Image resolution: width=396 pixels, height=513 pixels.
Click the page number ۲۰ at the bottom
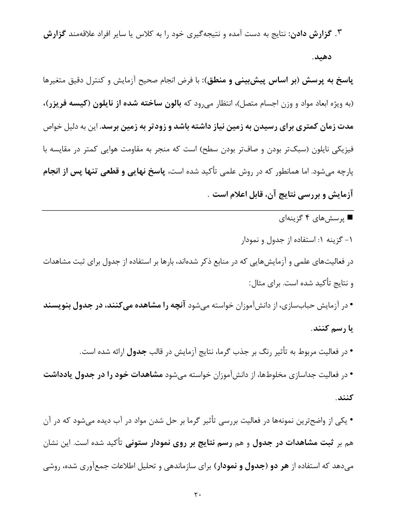point(198,494)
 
